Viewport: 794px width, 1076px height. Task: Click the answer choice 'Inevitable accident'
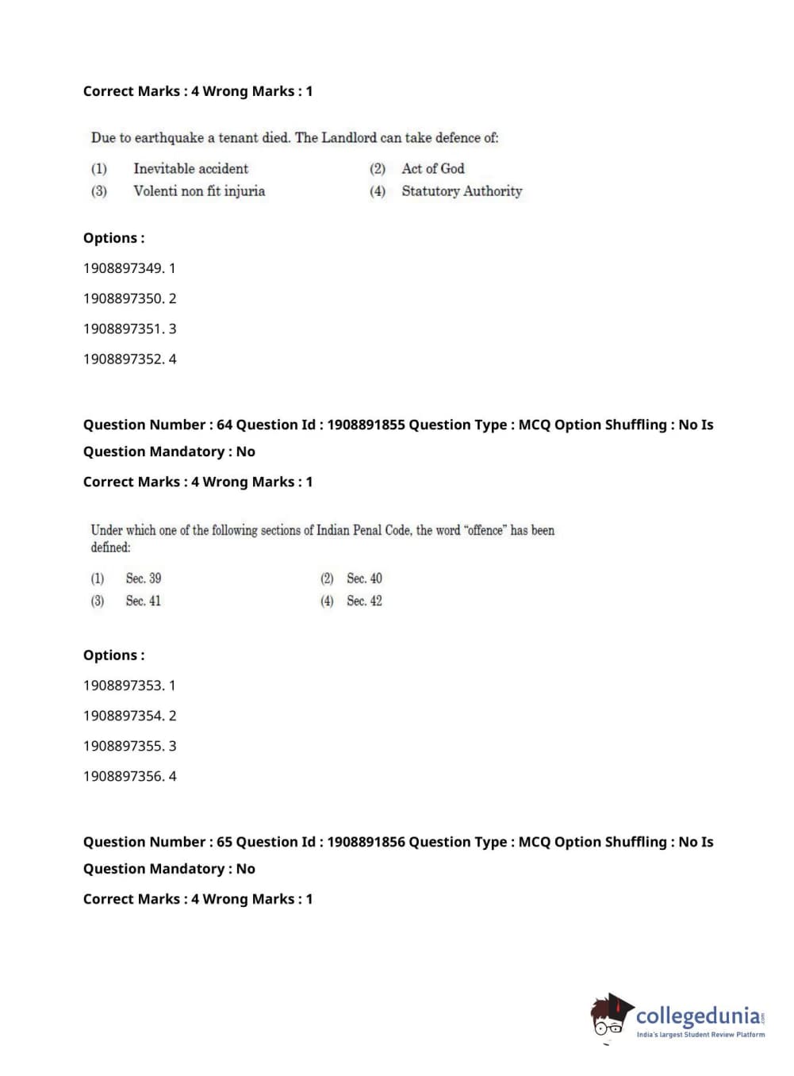pos(190,168)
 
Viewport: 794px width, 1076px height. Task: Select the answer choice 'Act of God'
pos(432,168)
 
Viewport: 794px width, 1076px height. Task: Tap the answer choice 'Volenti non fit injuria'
pos(199,191)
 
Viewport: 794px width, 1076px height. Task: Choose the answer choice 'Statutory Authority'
pos(462,191)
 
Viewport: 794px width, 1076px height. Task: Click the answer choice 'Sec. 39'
pos(143,578)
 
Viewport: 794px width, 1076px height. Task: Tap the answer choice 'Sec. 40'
pos(364,578)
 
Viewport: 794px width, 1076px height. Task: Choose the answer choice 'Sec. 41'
pos(143,601)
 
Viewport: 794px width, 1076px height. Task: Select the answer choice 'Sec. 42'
pos(364,601)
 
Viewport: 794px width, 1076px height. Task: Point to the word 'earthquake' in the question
pos(169,138)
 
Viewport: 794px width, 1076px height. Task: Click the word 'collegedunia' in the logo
pos(697,1016)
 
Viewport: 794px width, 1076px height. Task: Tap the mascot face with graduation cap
pos(609,1016)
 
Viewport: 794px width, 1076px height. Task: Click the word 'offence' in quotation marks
pos(485,530)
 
